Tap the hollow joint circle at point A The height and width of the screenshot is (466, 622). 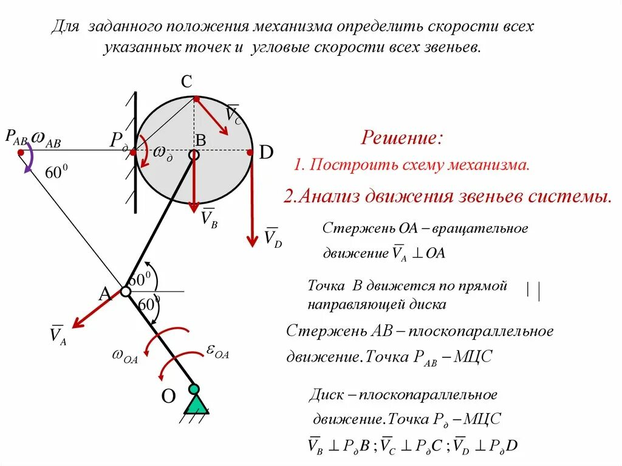pyautogui.click(x=125, y=292)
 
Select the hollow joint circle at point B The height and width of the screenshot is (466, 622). pyautogui.click(x=193, y=155)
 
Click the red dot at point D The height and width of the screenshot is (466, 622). pyautogui.click(x=250, y=152)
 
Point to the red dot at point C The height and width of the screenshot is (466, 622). pyautogui.click(x=196, y=98)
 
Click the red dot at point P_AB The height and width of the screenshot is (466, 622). pyautogui.click(x=21, y=152)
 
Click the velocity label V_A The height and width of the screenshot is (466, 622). pyautogui.click(x=58, y=335)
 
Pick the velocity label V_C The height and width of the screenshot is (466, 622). pyautogui.click(x=233, y=114)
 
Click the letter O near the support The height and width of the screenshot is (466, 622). pyautogui.click(x=168, y=397)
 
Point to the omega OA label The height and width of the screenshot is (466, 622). pyautogui.click(x=125, y=356)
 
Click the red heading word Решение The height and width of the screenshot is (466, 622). pyautogui.click(x=402, y=137)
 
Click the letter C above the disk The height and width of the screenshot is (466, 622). pyautogui.click(x=188, y=82)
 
